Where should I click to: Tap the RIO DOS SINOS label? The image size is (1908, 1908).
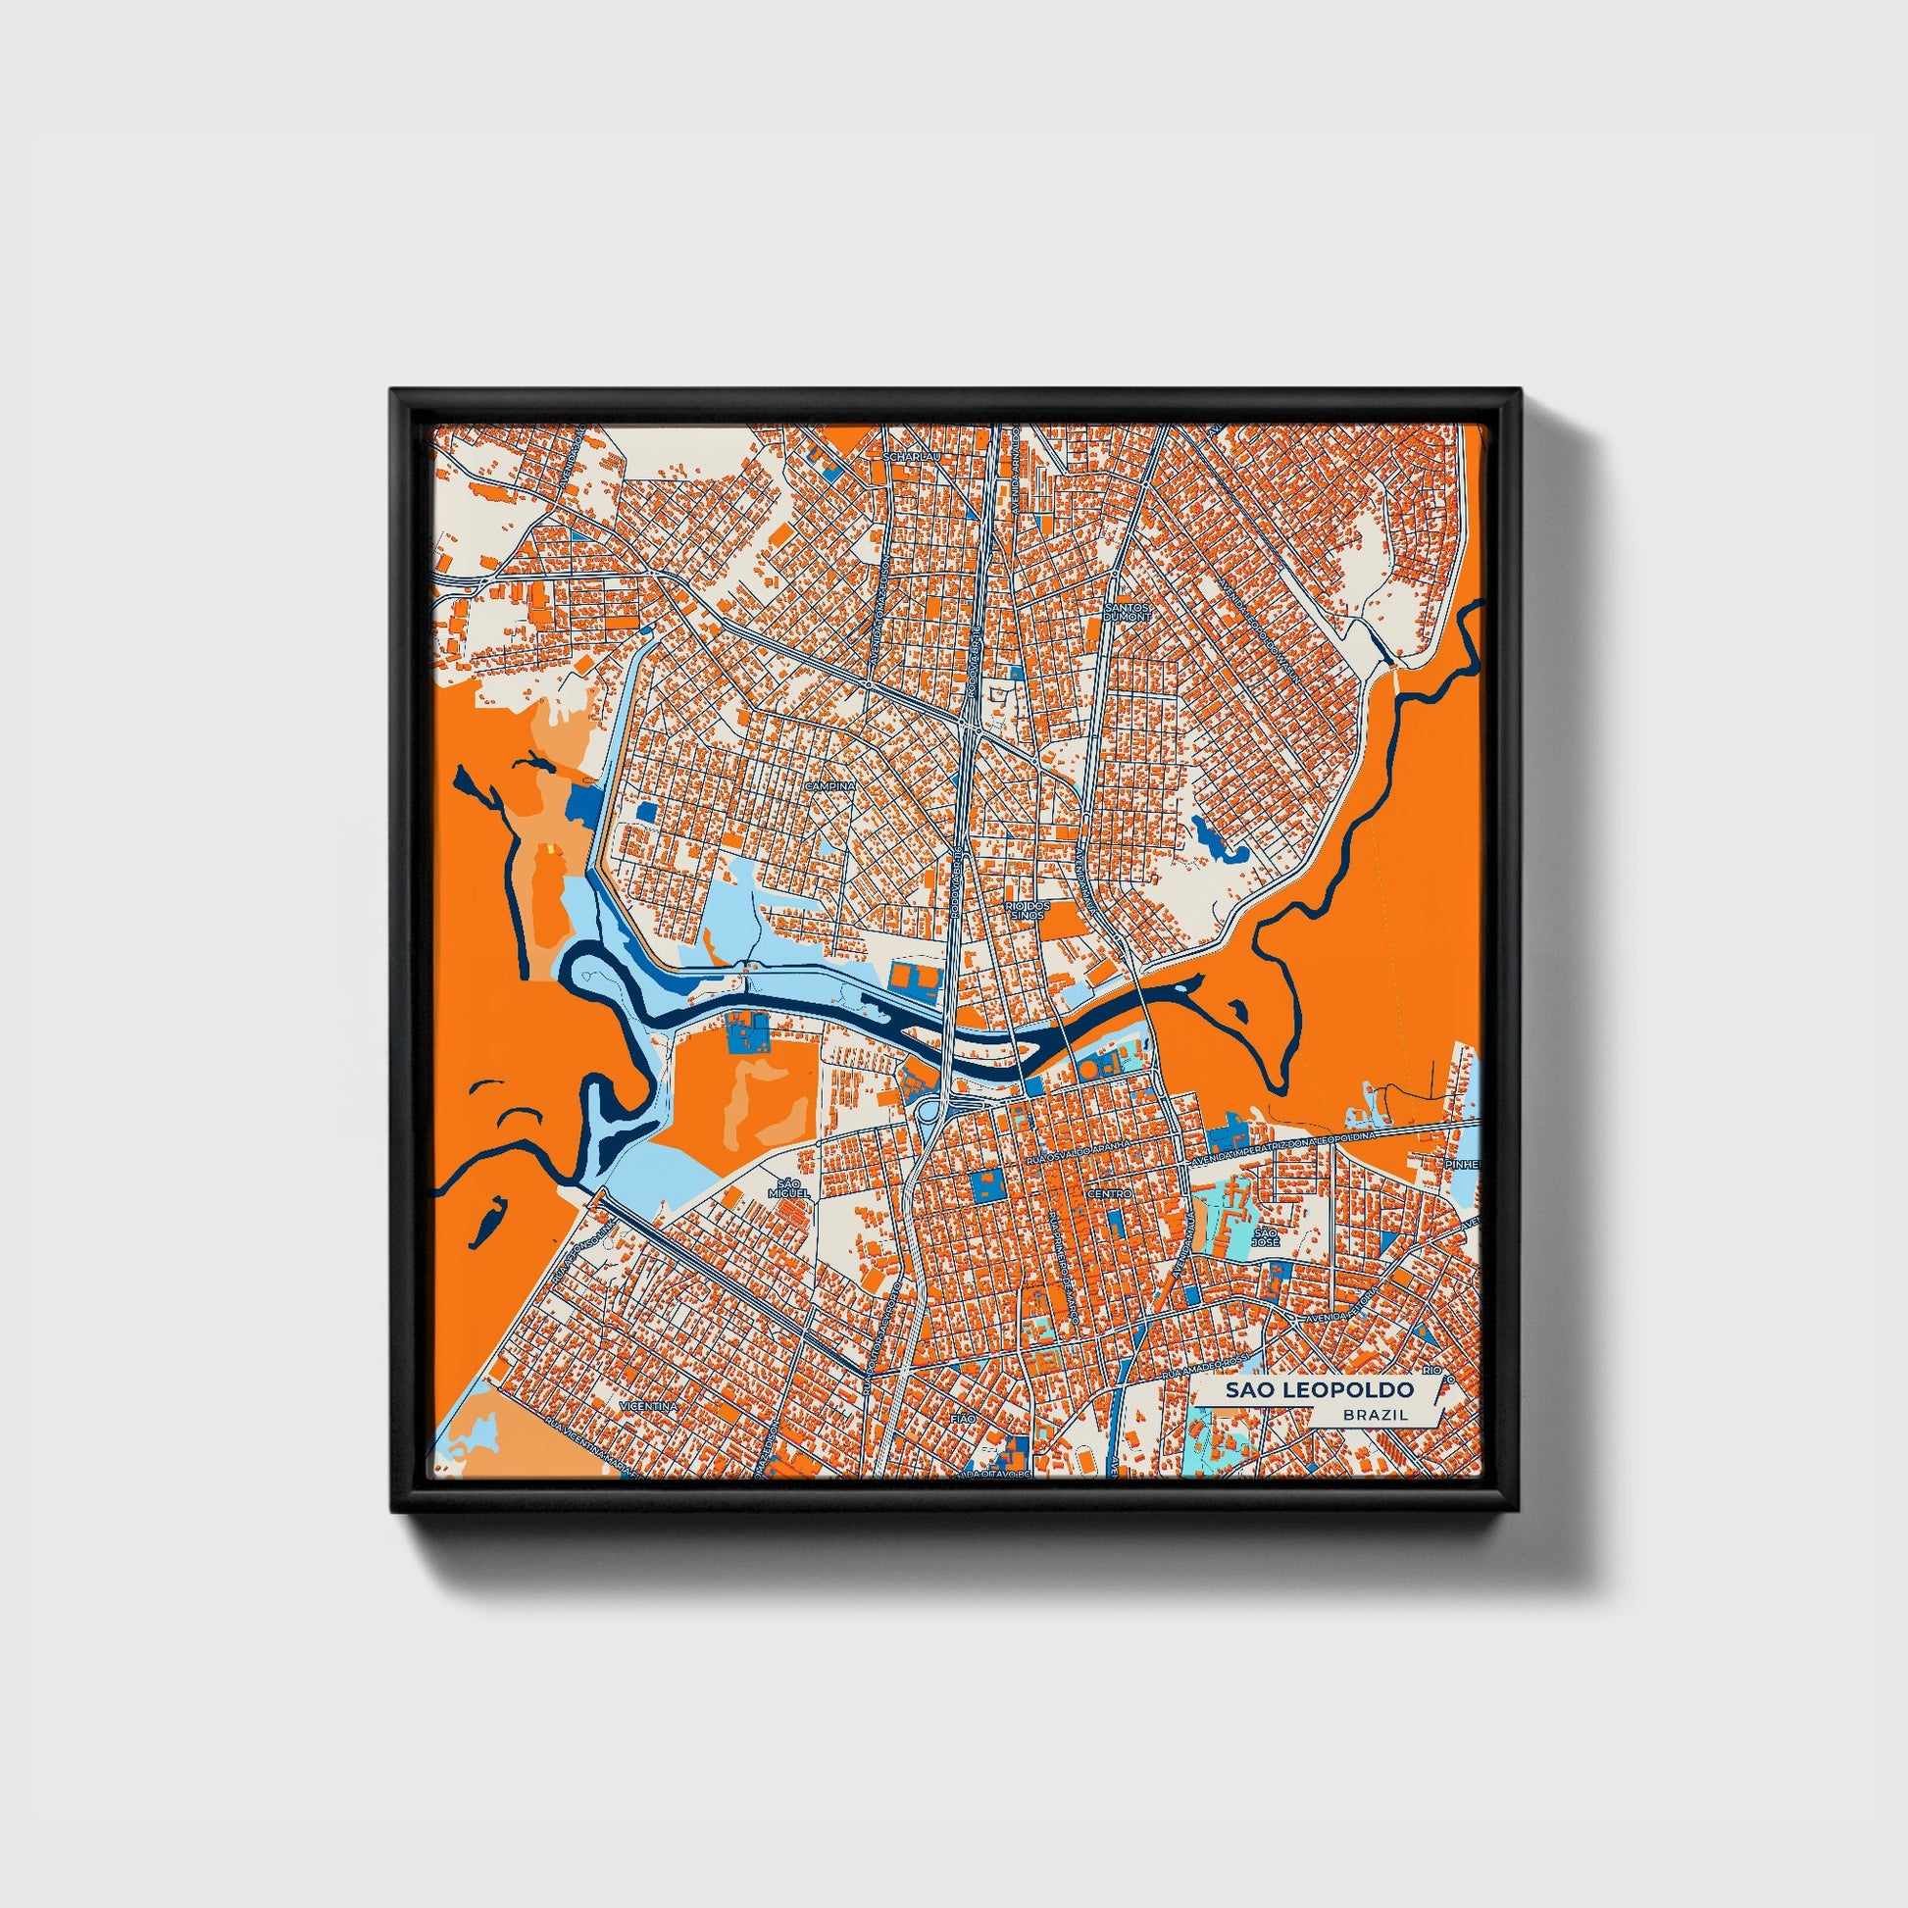point(1025,910)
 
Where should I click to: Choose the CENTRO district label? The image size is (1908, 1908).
point(1109,1194)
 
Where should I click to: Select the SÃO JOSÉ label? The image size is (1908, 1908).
point(1266,1236)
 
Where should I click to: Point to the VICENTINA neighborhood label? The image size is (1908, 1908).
point(648,1404)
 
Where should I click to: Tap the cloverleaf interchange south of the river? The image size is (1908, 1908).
point(931,1110)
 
